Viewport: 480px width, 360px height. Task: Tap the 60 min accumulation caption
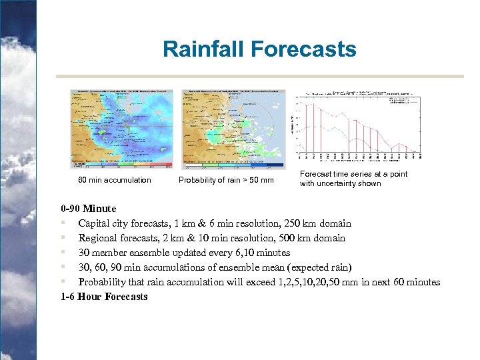click(115, 180)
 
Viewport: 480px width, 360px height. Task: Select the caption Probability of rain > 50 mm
click(226, 180)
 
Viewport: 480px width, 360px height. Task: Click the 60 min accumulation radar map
click(122, 128)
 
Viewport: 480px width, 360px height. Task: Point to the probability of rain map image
click(233, 128)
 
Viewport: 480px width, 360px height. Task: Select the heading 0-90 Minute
click(88, 209)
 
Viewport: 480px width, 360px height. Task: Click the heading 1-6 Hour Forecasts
click(104, 297)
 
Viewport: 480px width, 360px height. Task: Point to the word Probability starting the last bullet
click(103, 282)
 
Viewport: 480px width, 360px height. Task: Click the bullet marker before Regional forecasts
click(61, 238)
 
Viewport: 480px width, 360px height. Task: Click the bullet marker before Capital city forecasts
click(61, 223)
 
